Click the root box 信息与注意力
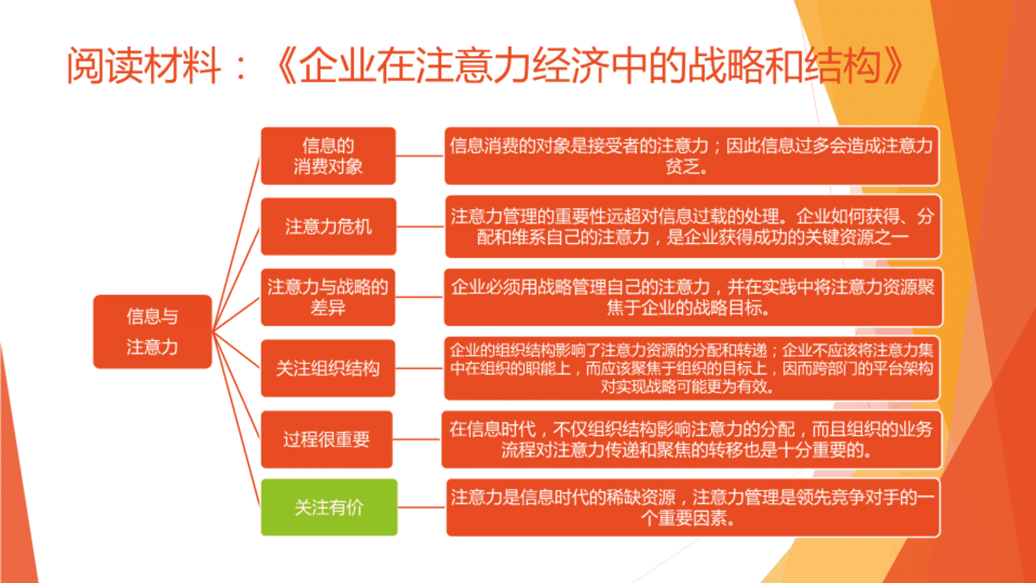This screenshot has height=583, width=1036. pyautogui.click(x=152, y=331)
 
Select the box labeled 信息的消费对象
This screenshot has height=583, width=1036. pyautogui.click(x=328, y=156)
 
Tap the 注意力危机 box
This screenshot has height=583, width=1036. pyautogui.click(x=328, y=227)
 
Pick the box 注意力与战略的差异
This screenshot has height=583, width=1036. pyautogui.click(x=328, y=297)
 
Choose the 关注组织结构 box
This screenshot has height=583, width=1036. pyautogui.click(x=328, y=368)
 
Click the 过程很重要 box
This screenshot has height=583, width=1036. pyautogui.click(x=326, y=439)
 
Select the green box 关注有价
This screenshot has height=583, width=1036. pyautogui.click(x=329, y=507)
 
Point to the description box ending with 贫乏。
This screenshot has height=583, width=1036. pyautogui.click(x=692, y=156)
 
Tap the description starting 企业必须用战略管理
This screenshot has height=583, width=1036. pyautogui.click(x=693, y=297)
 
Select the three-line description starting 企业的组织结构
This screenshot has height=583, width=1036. pyautogui.click(x=692, y=368)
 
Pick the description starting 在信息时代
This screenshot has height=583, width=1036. pyautogui.click(x=691, y=439)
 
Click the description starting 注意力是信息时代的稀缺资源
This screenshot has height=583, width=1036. pyautogui.click(x=693, y=507)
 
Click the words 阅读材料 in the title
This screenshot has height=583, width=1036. pyautogui.click(x=144, y=65)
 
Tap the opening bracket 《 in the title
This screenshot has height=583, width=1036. pyautogui.click(x=286, y=65)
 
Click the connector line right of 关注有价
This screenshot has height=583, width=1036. pyautogui.click(x=422, y=507)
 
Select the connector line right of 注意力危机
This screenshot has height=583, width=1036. pyautogui.click(x=420, y=227)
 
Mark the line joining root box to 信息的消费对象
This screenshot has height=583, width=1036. pyautogui.click(x=236, y=243)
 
